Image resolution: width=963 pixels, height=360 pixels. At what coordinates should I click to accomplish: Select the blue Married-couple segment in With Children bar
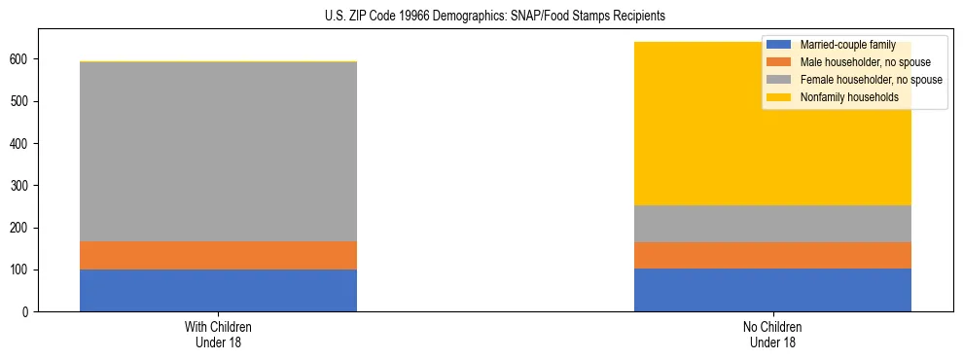(218, 290)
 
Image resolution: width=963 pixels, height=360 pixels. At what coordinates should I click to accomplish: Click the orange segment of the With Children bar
(218, 255)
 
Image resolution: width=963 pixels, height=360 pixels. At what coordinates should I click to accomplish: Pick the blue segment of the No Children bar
(772, 290)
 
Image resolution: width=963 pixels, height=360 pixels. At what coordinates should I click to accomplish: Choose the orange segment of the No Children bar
(772, 255)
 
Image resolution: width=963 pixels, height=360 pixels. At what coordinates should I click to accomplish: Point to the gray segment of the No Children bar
(772, 224)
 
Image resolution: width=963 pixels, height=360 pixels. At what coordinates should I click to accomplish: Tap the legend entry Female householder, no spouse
(869, 80)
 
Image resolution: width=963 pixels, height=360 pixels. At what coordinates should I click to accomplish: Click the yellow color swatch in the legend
(779, 97)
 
